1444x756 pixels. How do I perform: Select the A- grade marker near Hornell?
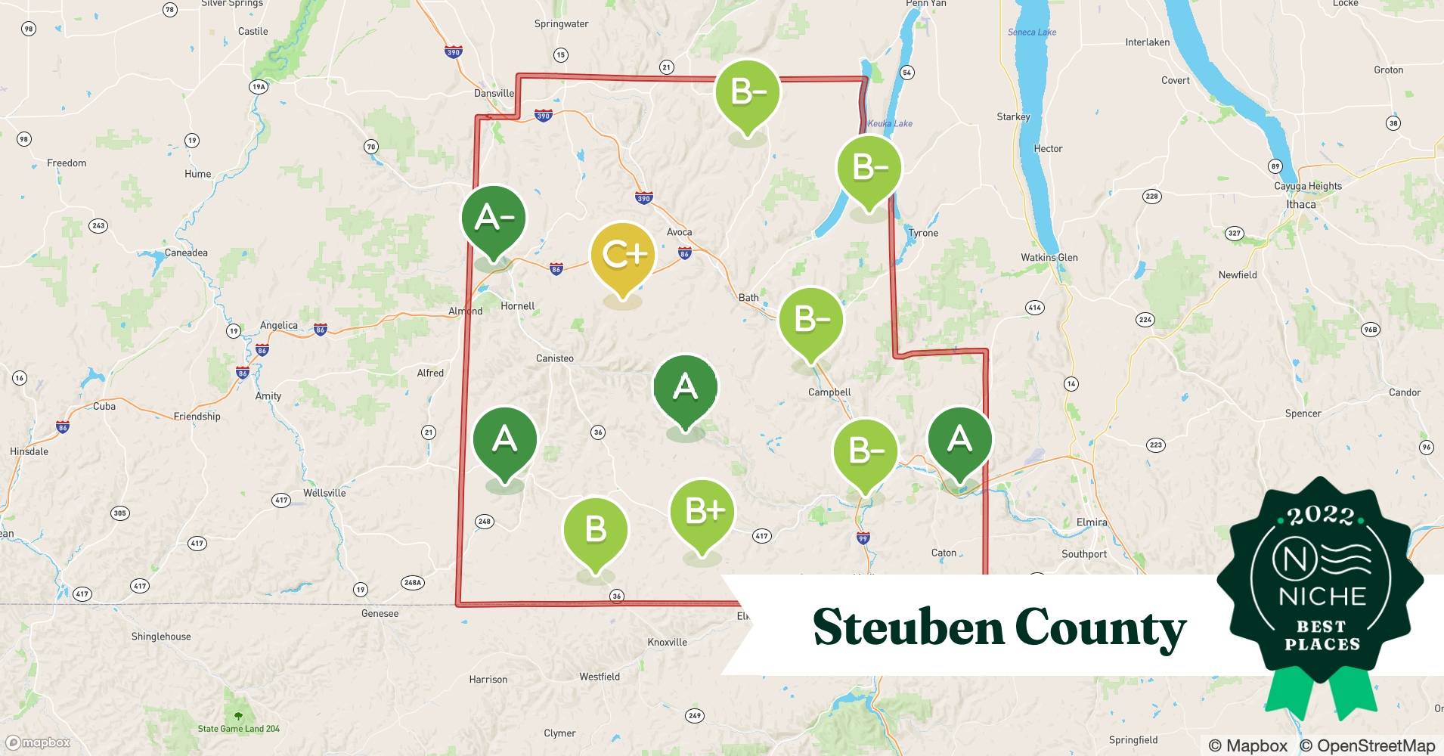494,220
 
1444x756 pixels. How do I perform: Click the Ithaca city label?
1300,204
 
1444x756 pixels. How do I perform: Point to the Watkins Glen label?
1049,257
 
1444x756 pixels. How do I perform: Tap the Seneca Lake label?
1032,32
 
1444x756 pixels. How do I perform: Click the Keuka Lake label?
890,123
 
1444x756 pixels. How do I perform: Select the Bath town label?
748,297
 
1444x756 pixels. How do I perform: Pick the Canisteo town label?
554,358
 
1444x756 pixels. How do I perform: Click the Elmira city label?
1091,522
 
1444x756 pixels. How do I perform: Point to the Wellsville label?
324,493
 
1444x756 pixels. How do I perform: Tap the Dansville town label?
494,93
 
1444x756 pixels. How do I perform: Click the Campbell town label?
829,392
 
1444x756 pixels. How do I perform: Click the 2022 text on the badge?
1321,516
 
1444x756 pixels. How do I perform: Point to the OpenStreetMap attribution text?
1368,745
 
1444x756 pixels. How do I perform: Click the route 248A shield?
412,582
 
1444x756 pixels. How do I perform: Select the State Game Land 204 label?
239,729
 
